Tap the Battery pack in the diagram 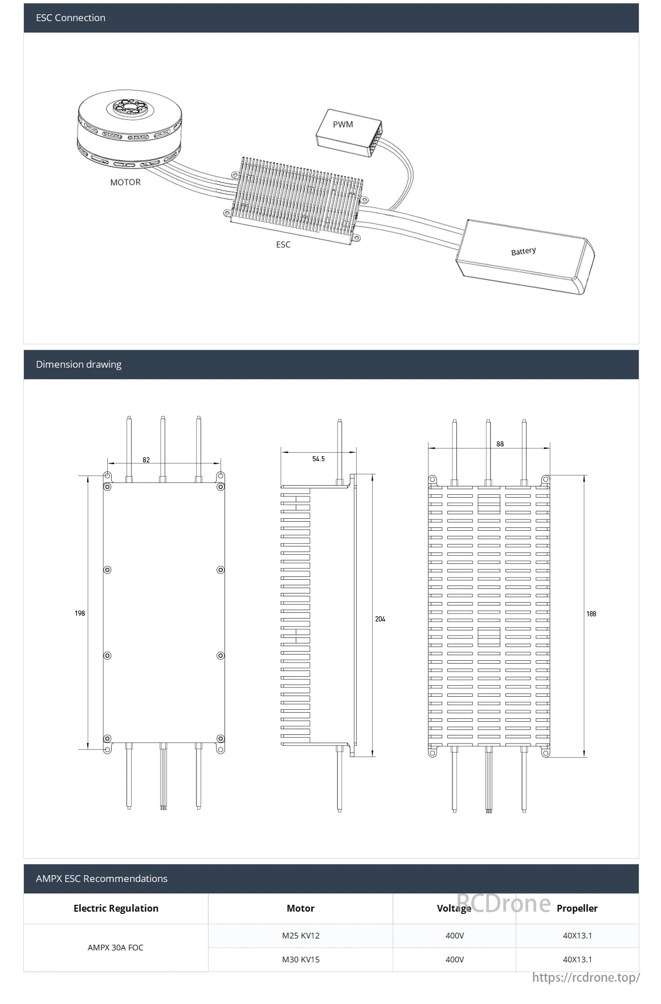point(525,256)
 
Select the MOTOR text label point(125,182)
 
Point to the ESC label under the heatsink point(283,245)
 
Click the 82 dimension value point(146,460)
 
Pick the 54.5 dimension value point(319,459)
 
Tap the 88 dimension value point(500,444)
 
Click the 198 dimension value point(80,613)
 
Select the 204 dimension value point(380,619)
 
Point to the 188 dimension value point(591,614)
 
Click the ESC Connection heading point(71,18)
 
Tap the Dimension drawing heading point(79,364)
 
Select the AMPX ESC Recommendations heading point(101,879)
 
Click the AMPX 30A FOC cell point(116,948)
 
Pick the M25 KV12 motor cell point(301,936)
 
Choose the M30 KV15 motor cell point(301,960)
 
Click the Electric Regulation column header point(116,908)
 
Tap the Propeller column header point(577,908)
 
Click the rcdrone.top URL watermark point(586,978)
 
